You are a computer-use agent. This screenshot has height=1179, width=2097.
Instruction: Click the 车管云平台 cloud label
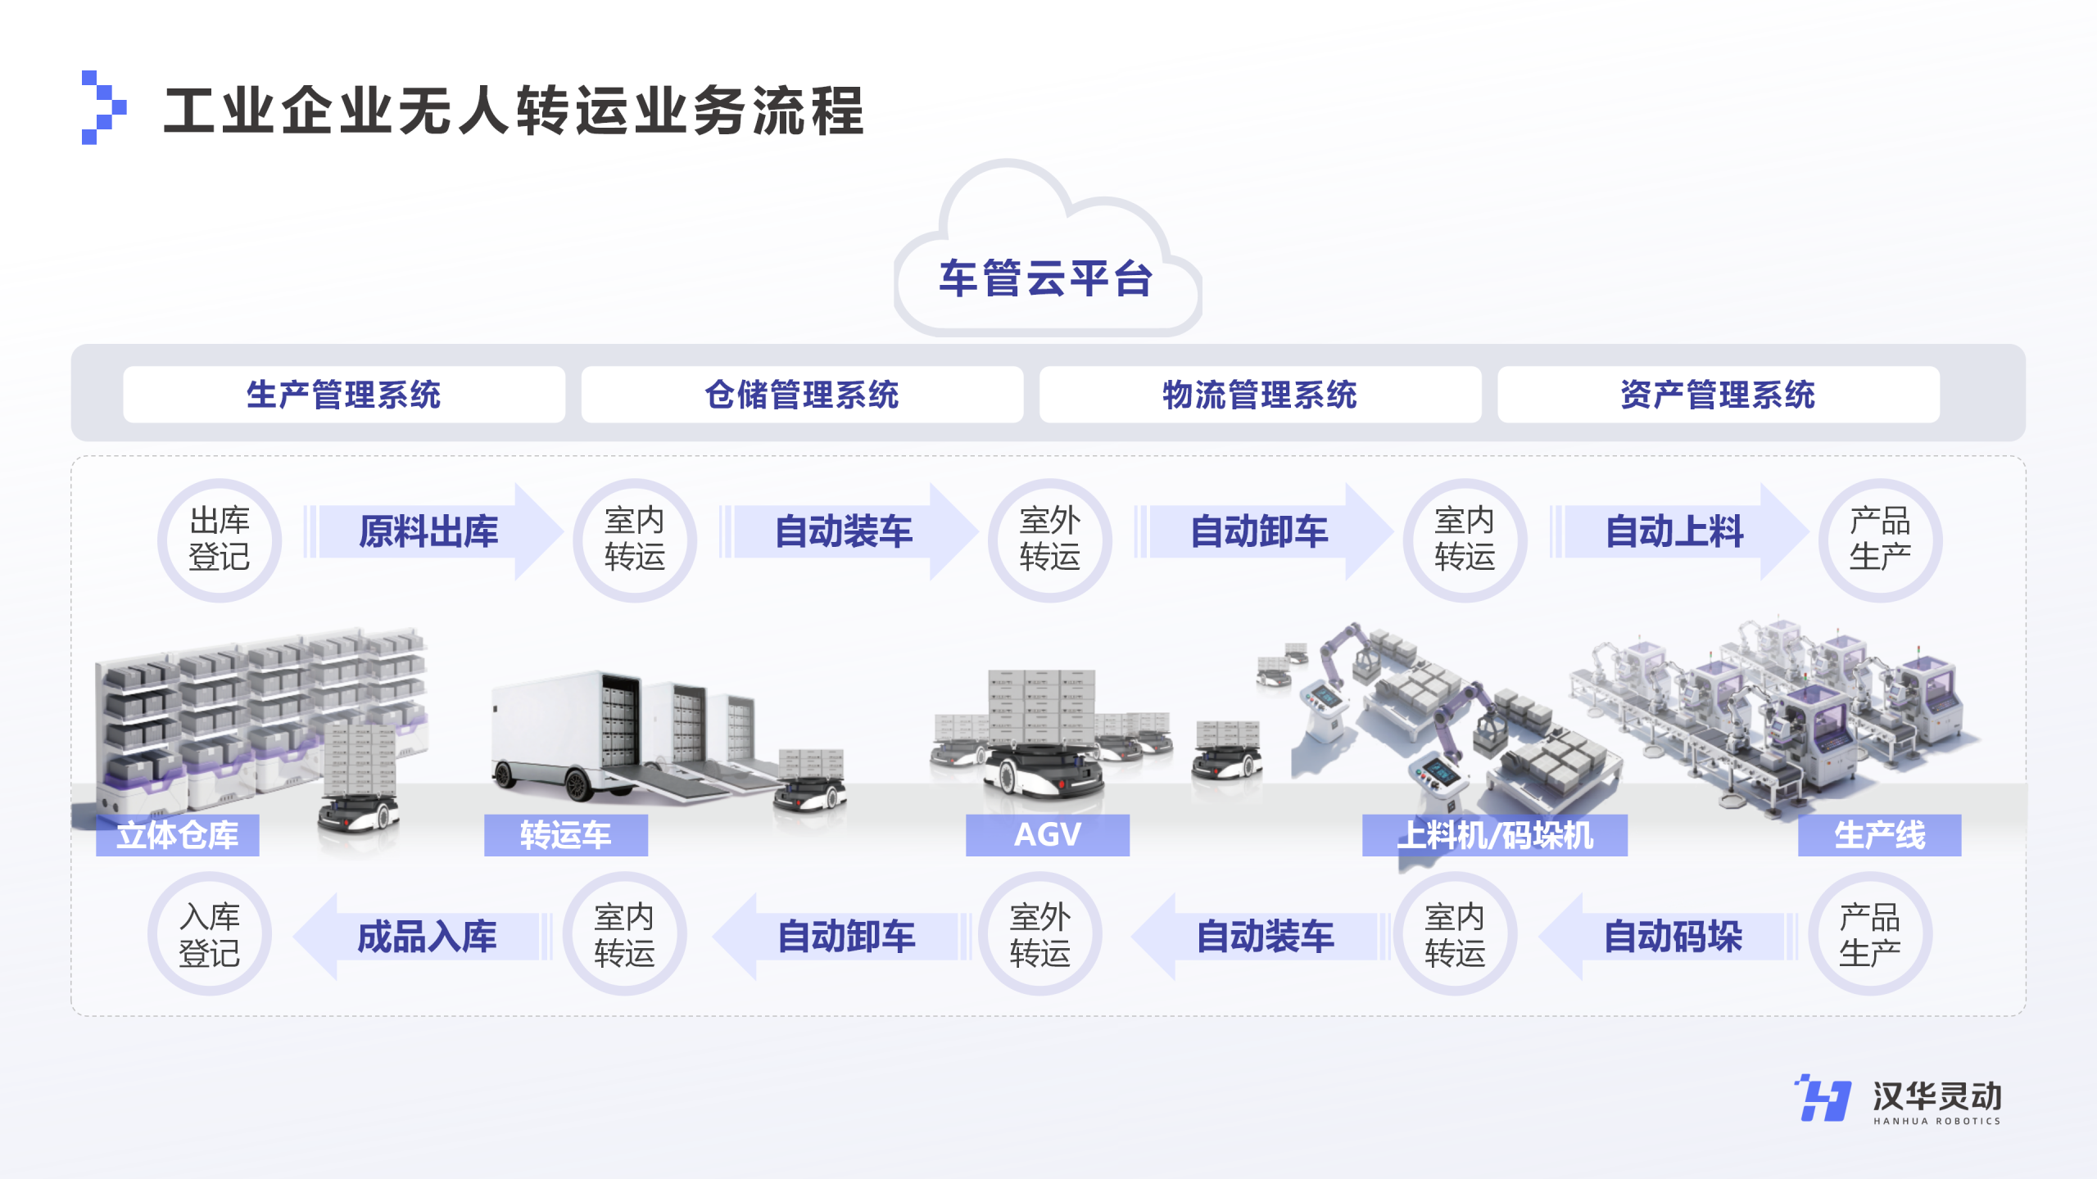(x=1046, y=278)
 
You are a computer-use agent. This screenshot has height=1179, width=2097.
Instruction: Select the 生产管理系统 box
(x=344, y=395)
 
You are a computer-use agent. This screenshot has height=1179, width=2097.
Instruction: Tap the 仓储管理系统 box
(x=802, y=395)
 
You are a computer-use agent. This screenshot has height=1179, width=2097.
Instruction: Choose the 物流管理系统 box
(x=1260, y=395)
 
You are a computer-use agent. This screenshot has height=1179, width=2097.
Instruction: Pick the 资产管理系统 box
(x=1718, y=395)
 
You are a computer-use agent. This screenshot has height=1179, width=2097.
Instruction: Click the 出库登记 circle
(x=220, y=540)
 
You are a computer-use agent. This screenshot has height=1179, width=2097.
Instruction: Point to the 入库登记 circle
(x=210, y=934)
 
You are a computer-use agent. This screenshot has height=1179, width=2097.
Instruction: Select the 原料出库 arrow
(x=429, y=531)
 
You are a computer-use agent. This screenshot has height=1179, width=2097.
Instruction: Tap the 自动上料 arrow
(x=1675, y=531)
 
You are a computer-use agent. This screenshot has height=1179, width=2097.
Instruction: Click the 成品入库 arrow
(x=426, y=937)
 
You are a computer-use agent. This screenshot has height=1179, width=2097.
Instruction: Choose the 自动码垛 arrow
(x=1673, y=937)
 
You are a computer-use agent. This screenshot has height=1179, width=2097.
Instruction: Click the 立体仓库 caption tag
(x=178, y=835)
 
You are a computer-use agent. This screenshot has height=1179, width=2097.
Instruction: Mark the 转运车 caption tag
(x=565, y=835)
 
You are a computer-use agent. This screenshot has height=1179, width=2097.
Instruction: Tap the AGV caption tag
(x=1047, y=835)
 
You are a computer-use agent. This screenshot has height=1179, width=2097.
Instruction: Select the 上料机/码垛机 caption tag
(x=1494, y=835)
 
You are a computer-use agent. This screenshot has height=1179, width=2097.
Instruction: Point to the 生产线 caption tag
(x=1879, y=835)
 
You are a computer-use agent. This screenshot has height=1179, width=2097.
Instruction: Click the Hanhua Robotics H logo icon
(x=1823, y=1098)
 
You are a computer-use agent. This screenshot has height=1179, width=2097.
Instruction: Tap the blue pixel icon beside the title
(x=103, y=107)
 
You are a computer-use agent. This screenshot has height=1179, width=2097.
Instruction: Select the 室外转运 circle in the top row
(x=1050, y=540)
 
